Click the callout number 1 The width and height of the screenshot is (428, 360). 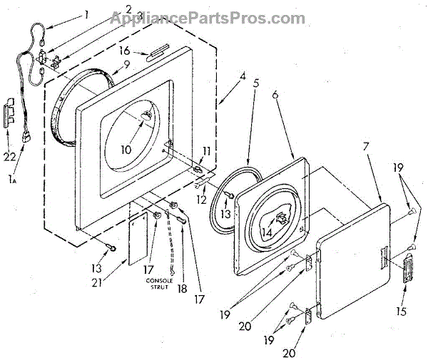tap(86, 14)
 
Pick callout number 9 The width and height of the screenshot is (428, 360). tap(126, 63)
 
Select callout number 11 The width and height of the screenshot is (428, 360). tap(207, 150)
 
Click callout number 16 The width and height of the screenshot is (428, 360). tap(123, 51)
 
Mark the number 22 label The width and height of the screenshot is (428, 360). tap(10, 156)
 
